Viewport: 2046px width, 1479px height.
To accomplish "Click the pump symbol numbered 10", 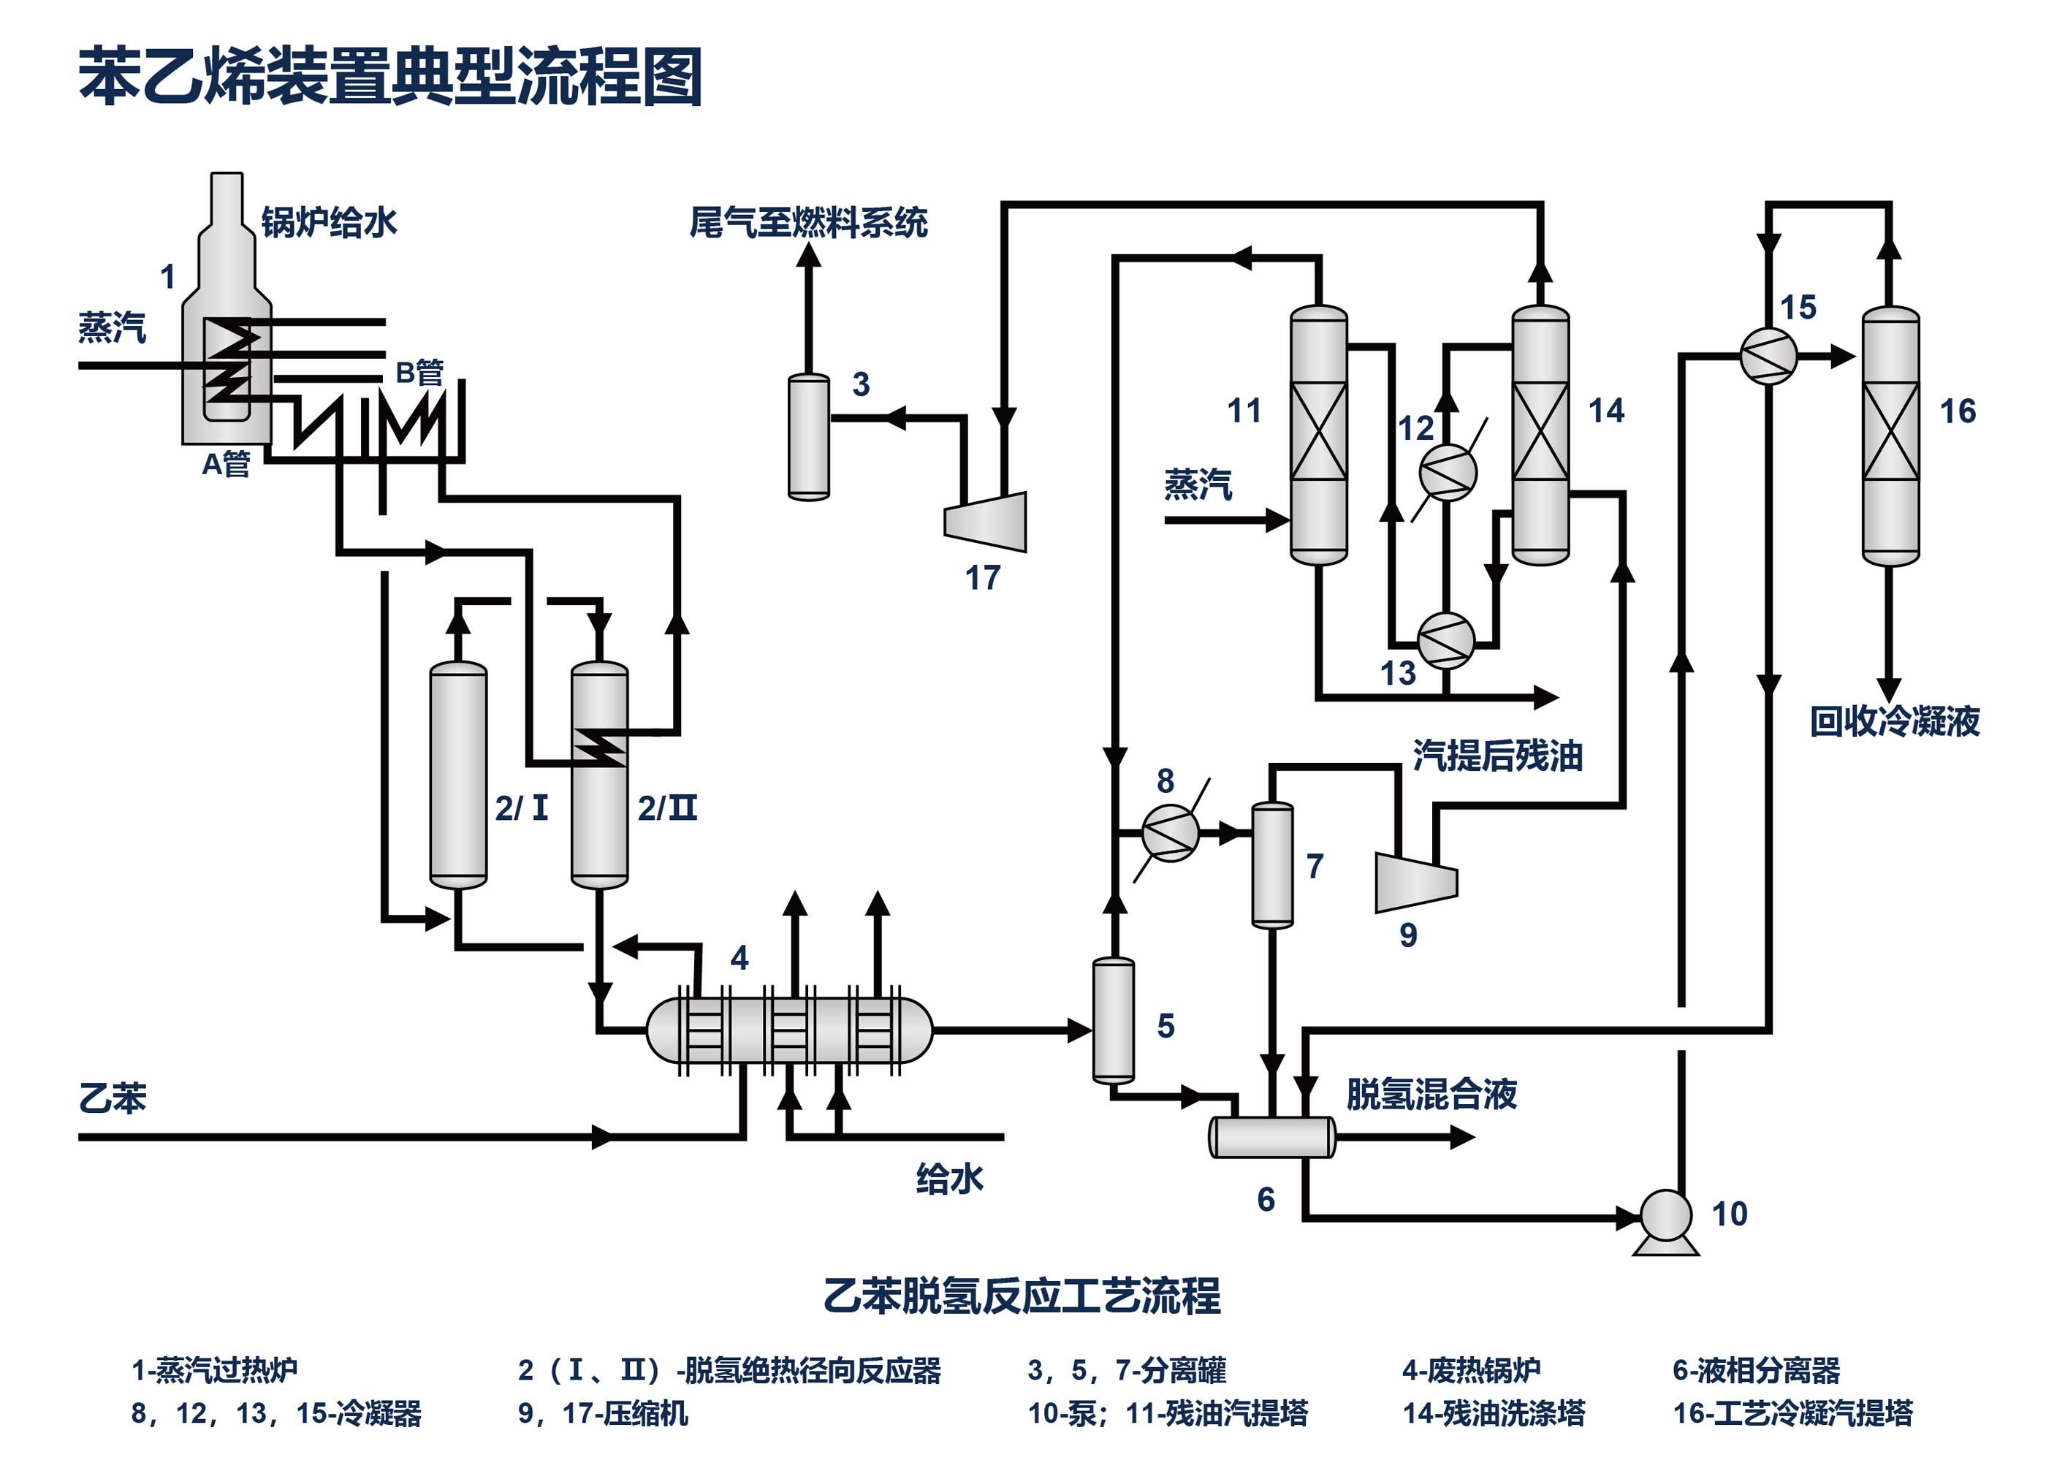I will [x=1665, y=1217].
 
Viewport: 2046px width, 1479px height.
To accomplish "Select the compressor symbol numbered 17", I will [x=986, y=522].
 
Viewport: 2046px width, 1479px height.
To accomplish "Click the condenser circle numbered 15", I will [x=1768, y=356].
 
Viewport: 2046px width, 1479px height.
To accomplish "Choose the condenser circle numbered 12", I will [x=1447, y=472].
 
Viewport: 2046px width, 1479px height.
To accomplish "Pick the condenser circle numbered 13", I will [x=1445, y=641].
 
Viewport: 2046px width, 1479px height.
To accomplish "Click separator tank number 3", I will [x=808, y=437].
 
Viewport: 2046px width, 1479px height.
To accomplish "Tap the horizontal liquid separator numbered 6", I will [x=1272, y=1137].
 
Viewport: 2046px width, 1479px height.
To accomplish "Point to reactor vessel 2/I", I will [x=458, y=775].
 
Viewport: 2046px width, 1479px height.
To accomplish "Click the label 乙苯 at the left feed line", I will [x=113, y=1099].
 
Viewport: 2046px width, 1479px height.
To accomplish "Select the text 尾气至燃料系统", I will [x=808, y=223].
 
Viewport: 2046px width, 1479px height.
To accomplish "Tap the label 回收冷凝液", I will [x=1895, y=722].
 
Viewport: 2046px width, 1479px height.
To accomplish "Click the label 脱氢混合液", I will [x=1431, y=1095].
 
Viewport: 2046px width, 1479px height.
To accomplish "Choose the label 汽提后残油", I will [x=1497, y=756].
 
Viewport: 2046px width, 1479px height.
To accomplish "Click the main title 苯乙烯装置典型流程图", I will [x=391, y=77].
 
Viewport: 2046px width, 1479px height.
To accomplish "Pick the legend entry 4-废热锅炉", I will [x=1472, y=1370].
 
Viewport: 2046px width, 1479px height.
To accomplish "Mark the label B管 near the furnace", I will [x=419, y=372].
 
